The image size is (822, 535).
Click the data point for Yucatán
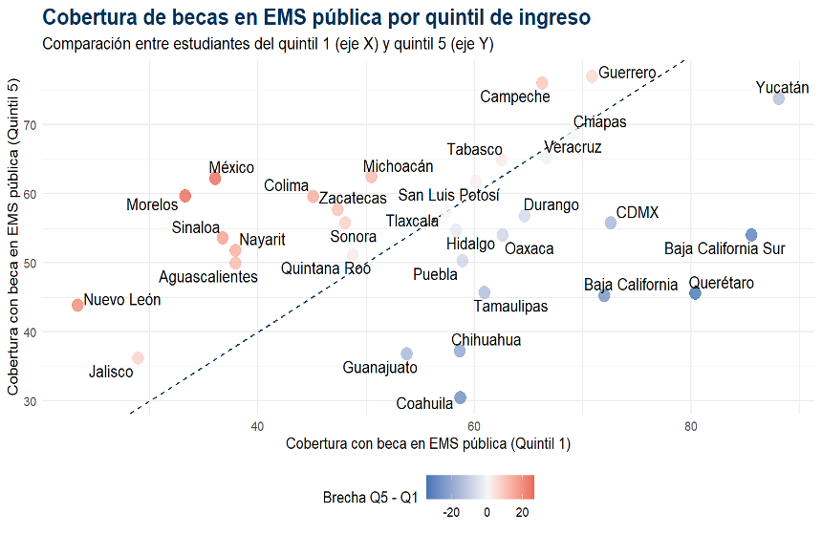[x=778, y=99]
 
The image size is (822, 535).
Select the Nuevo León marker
[x=77, y=305]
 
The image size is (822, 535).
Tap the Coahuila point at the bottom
[x=460, y=397]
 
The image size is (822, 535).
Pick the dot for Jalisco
[x=138, y=358]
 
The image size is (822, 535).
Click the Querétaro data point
[x=695, y=293]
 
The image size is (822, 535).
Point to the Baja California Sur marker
[x=751, y=235]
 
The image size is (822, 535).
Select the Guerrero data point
[x=592, y=76]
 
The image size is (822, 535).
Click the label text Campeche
[x=514, y=96]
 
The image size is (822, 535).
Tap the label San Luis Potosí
[x=448, y=196]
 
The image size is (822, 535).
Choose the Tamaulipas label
[x=510, y=307]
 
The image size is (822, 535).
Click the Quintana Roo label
[x=325, y=269]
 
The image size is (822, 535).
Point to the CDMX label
[x=637, y=213]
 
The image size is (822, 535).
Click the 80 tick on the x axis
[x=690, y=425]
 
